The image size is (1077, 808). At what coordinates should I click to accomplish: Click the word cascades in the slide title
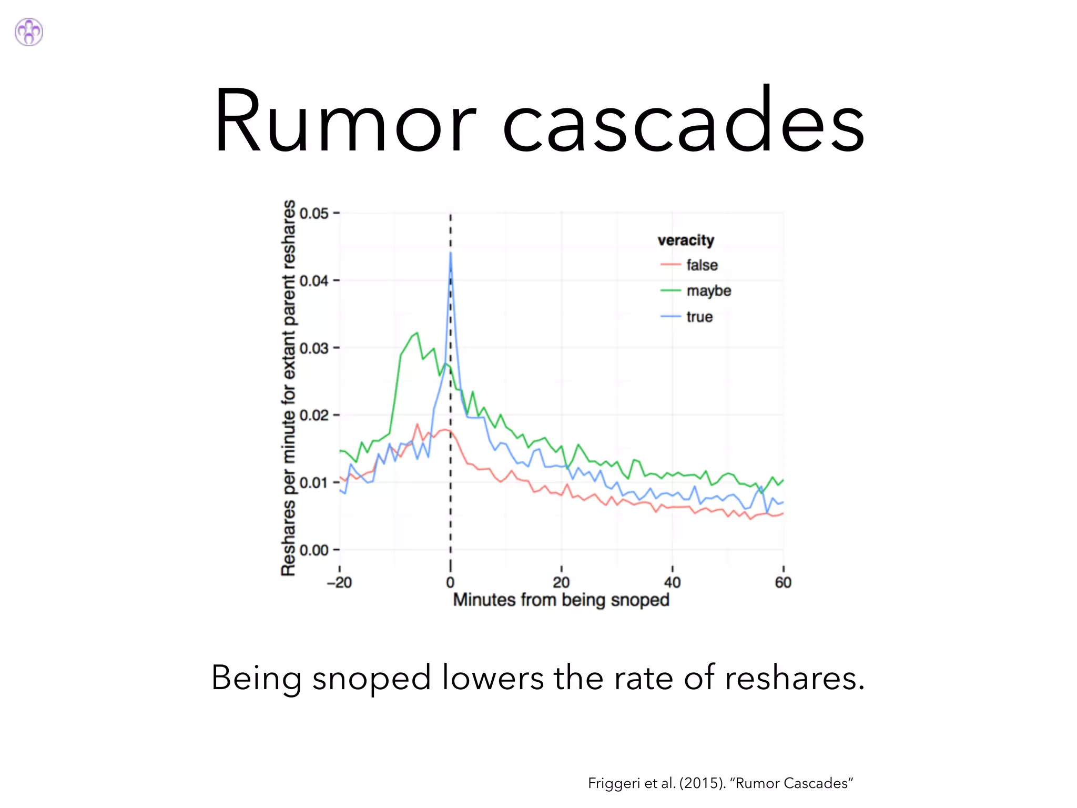click(684, 122)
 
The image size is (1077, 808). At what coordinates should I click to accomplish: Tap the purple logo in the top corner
click(29, 32)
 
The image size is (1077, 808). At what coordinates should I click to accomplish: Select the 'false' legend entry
click(702, 265)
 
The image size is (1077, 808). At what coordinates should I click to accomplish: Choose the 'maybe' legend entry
click(708, 291)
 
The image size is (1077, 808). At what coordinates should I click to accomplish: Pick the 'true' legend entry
click(699, 317)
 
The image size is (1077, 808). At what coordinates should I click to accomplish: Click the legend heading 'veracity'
click(686, 240)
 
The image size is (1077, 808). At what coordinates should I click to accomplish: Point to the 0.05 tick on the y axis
click(314, 213)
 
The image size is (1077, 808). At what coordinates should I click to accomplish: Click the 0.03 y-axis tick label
click(314, 348)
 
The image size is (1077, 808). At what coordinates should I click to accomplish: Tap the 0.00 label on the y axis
click(314, 550)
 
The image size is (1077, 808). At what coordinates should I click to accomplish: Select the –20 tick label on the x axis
click(339, 582)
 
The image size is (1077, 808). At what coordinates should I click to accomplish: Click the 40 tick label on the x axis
click(672, 582)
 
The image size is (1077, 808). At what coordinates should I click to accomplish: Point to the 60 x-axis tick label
click(783, 582)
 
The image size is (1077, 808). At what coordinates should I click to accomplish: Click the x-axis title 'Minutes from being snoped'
click(561, 600)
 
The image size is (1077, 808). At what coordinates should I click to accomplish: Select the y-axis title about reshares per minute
click(288, 388)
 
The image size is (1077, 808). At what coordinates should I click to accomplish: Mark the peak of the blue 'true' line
click(451, 254)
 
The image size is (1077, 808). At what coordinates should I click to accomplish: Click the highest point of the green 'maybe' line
click(417, 333)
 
